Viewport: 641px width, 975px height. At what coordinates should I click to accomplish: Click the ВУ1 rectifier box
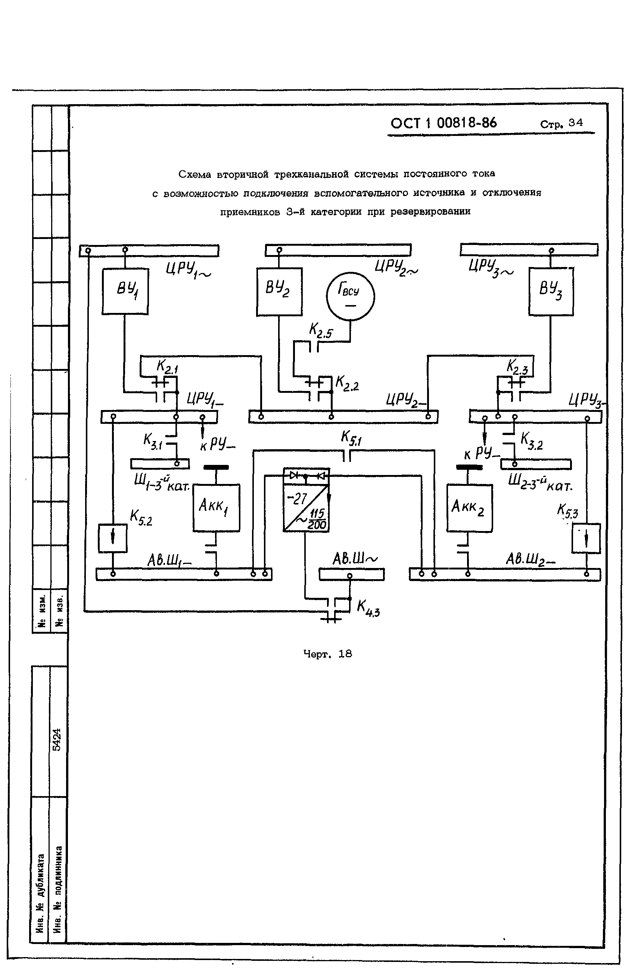125,291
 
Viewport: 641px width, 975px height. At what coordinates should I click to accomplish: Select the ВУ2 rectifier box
279,292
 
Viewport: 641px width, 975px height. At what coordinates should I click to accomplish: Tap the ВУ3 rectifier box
551,291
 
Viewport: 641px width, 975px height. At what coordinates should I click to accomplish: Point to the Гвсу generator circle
350,296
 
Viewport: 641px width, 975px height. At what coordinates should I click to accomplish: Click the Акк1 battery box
216,507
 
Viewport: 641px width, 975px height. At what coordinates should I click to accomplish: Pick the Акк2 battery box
469,508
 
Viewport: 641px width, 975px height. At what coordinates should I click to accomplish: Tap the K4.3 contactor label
368,608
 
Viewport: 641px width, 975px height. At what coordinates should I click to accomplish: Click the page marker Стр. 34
561,123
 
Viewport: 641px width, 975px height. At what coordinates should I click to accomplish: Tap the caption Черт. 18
327,654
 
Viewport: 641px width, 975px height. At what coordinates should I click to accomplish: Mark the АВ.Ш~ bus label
355,559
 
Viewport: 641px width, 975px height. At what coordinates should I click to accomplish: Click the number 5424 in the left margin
57,739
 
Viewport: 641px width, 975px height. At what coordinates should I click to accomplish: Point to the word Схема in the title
195,174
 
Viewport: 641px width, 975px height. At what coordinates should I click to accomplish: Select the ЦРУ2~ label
396,268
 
